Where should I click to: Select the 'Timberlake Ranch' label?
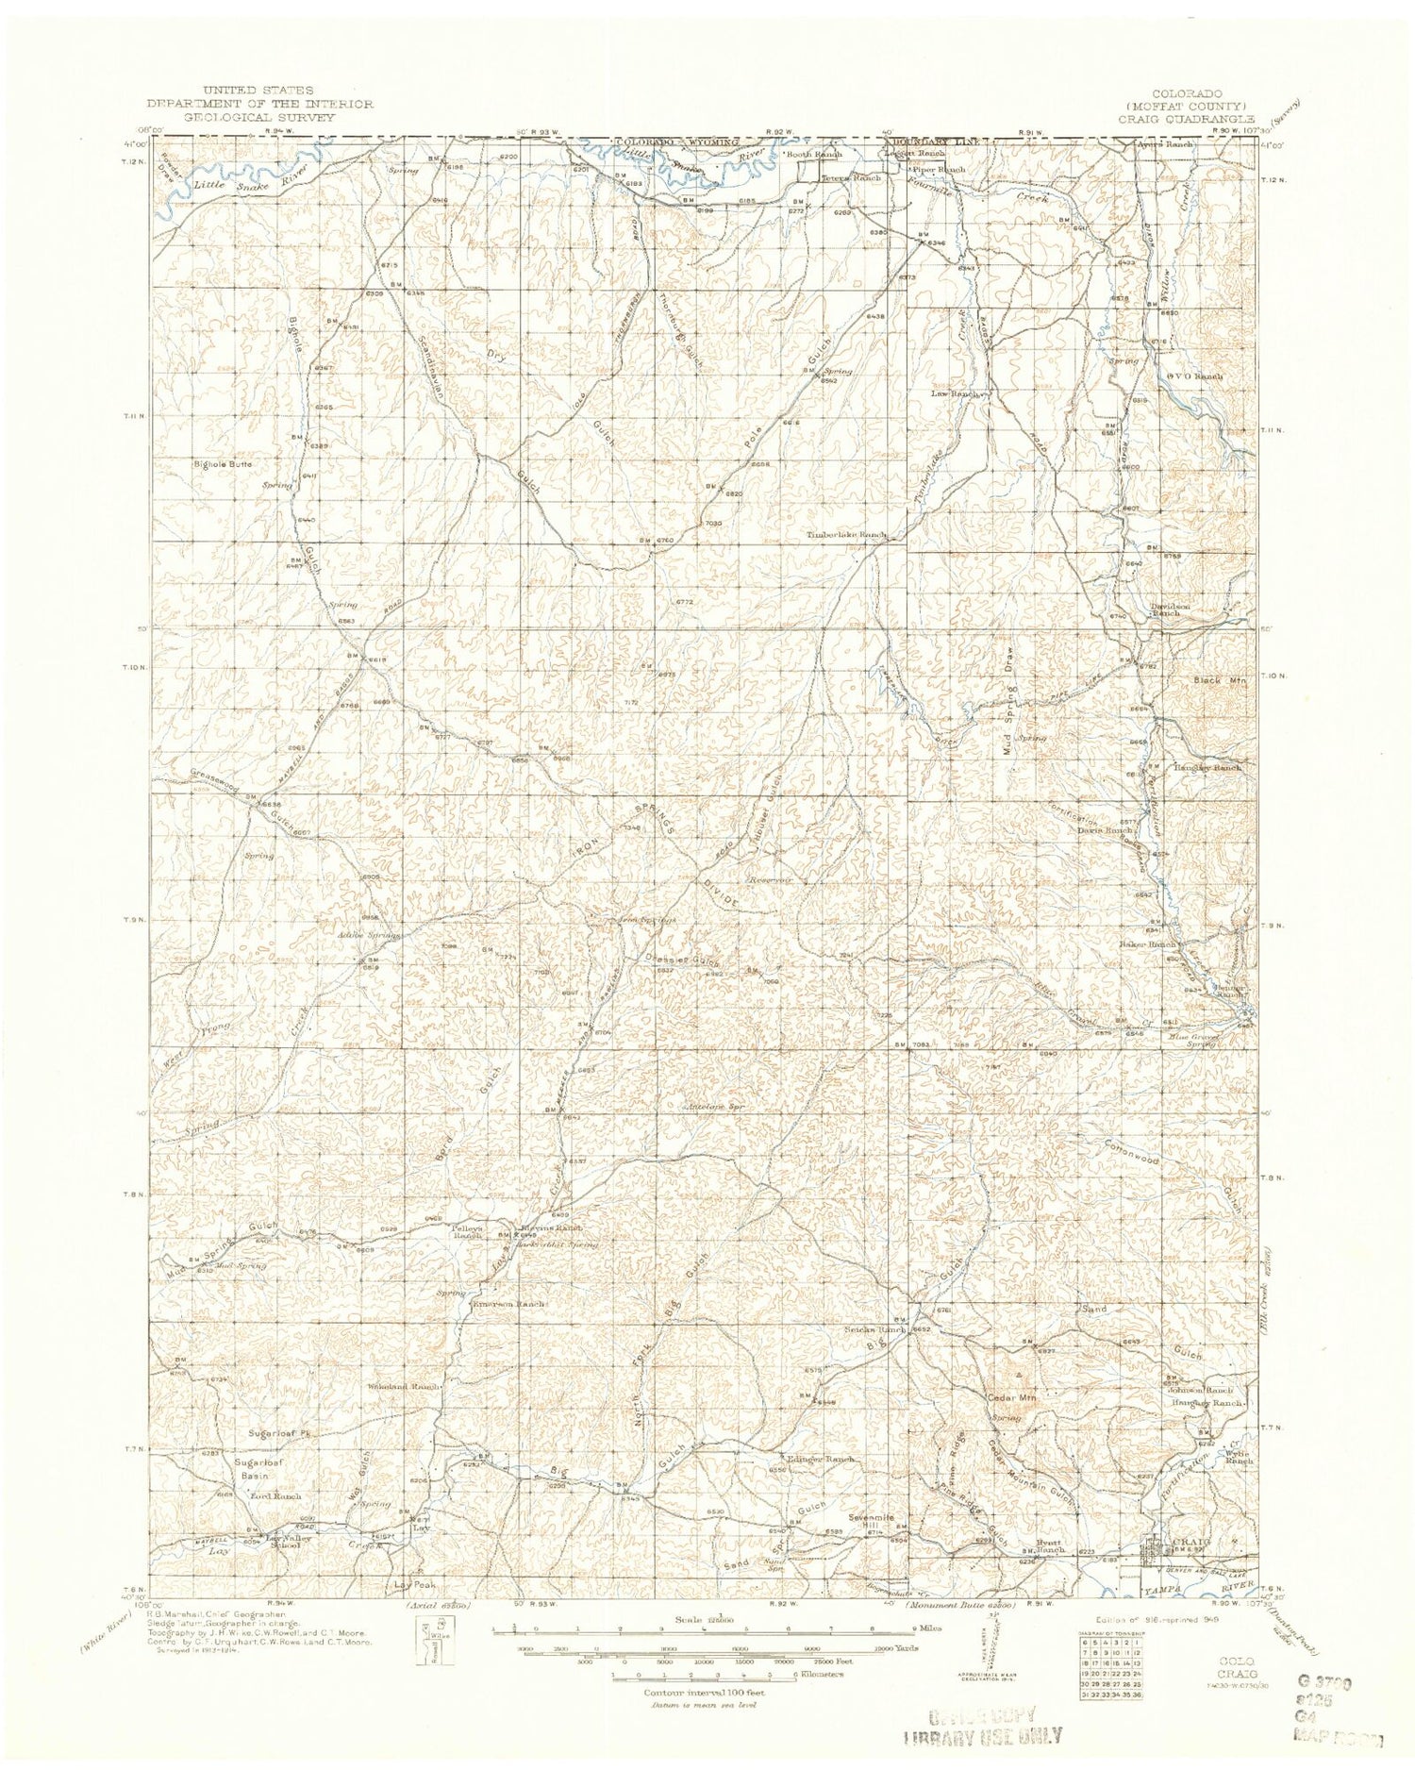coord(846,535)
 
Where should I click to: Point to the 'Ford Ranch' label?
coord(275,1496)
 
